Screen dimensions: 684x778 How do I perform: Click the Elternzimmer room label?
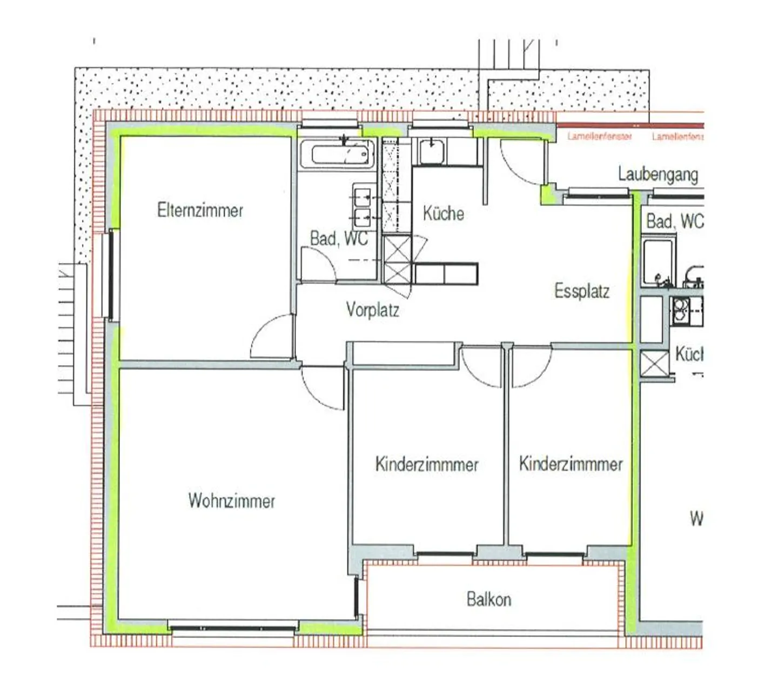(200, 210)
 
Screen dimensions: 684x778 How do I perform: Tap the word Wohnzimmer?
(231, 500)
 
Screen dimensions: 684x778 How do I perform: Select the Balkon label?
(488, 599)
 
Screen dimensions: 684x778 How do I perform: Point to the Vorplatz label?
(372, 310)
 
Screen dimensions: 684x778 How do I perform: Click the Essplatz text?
(581, 291)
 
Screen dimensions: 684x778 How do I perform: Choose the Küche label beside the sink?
(443, 213)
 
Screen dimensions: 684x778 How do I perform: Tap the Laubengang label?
(658, 175)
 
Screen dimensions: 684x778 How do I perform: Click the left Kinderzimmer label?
(427, 464)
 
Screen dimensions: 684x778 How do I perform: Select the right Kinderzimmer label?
(571, 464)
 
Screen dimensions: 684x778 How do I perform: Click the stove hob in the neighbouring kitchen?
(680, 310)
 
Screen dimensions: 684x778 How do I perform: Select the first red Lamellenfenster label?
(599, 137)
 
